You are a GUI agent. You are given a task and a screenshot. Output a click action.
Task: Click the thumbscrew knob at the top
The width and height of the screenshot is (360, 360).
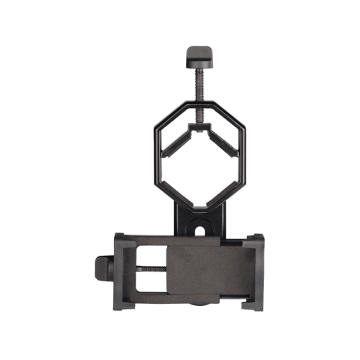[x=198, y=54]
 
